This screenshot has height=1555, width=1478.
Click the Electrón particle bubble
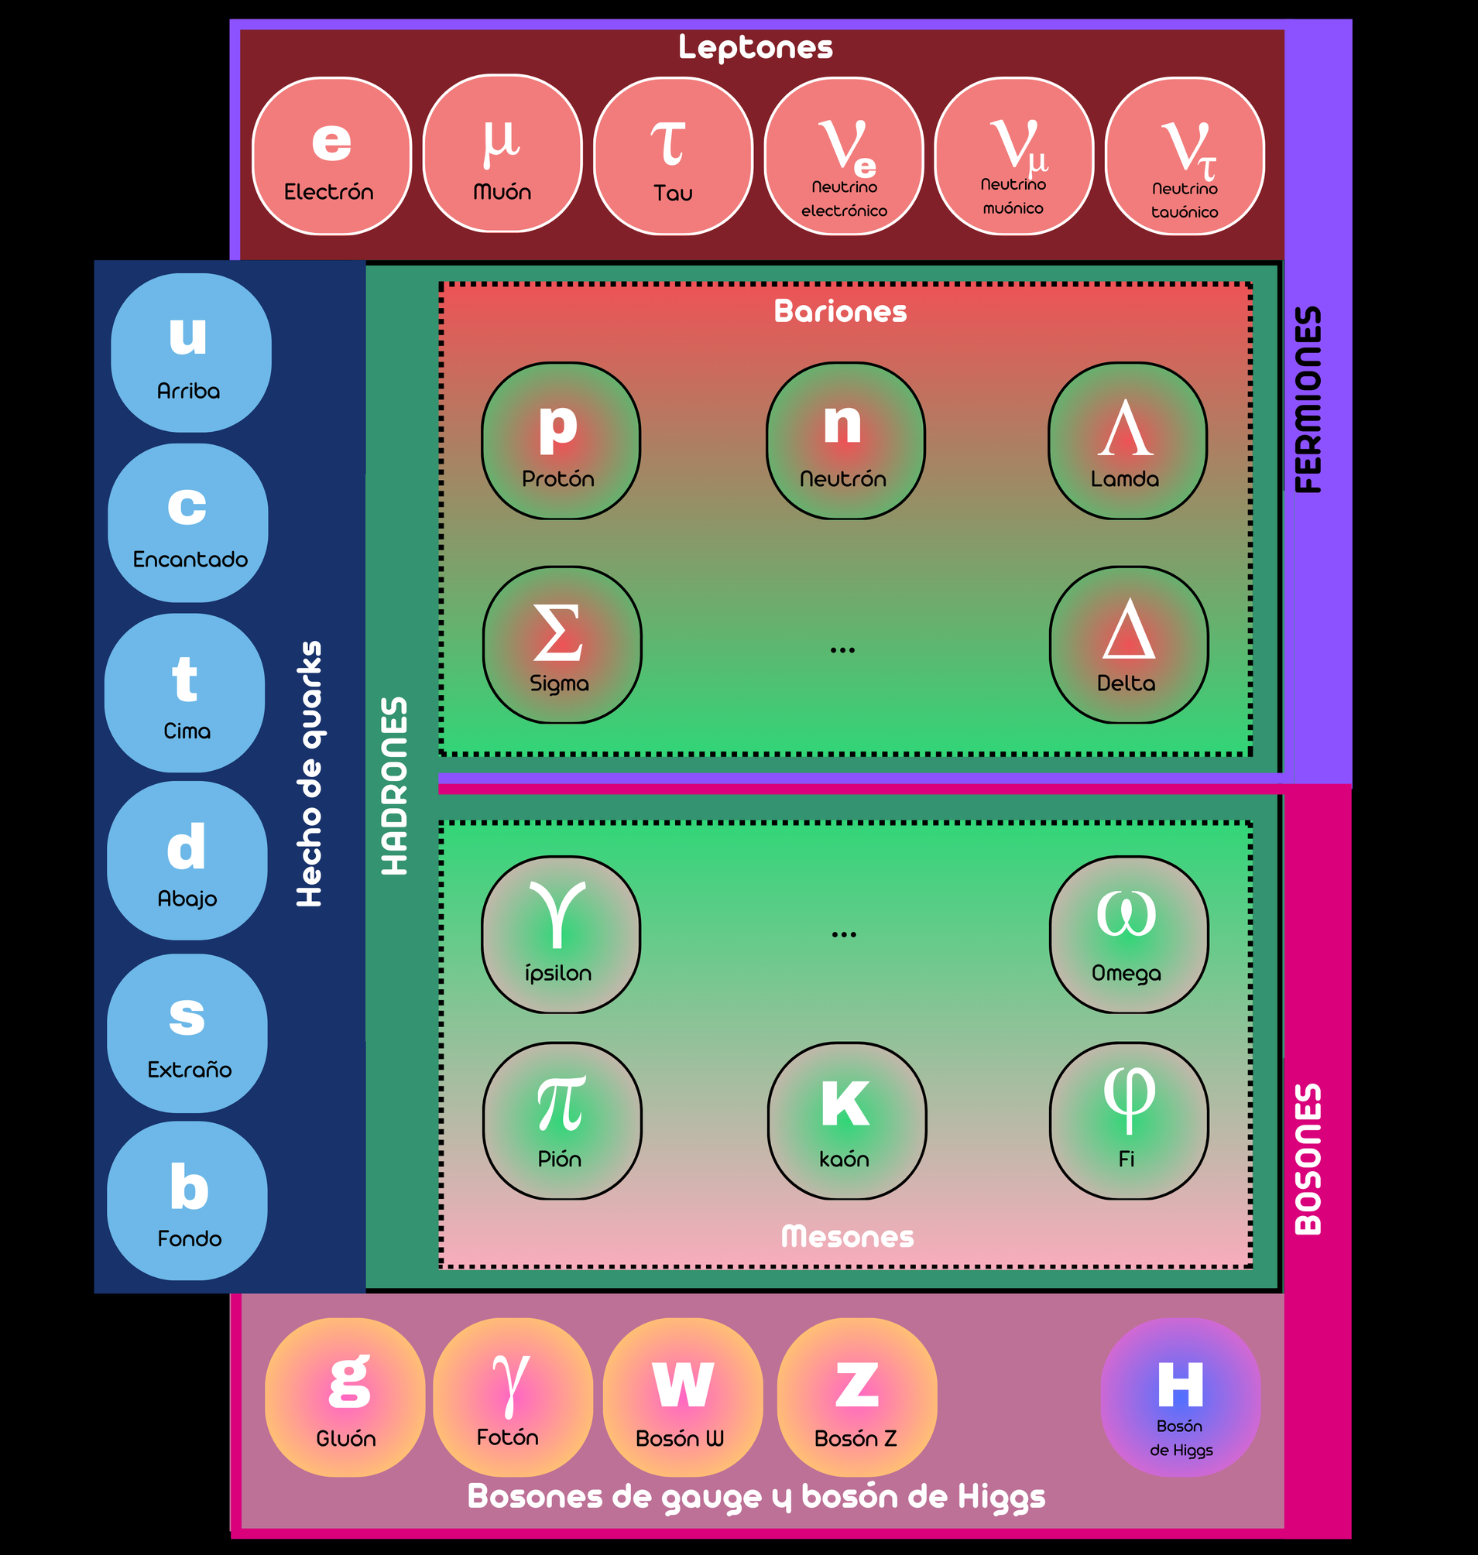pyautogui.click(x=331, y=156)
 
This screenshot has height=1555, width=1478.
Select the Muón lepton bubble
pyautogui.click(x=502, y=154)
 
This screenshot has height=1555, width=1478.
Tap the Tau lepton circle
pyautogui.click(x=673, y=156)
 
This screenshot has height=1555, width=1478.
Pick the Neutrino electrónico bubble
pyautogui.click(x=844, y=156)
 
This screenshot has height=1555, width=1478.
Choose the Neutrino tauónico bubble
pyautogui.click(x=1185, y=156)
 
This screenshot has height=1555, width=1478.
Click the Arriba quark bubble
pyautogui.click(x=190, y=352)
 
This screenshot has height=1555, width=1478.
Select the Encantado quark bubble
pyautogui.click(x=188, y=522)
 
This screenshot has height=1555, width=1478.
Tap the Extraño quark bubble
pyautogui.click(x=187, y=1033)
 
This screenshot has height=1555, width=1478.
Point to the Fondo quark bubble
pyautogui.click(x=187, y=1201)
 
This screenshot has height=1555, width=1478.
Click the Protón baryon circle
pyautogui.click(x=561, y=441)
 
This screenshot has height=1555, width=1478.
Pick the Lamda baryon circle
pyautogui.click(x=1127, y=441)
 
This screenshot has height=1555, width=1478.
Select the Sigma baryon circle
pyautogui.click(x=562, y=645)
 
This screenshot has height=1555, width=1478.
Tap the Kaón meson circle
pyautogui.click(x=847, y=1120)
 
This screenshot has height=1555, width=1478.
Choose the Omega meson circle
pyautogui.click(x=1128, y=934)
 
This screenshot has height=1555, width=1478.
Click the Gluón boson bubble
pyautogui.click(x=345, y=1397)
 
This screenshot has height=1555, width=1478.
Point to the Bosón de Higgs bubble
pyautogui.click(x=1180, y=1397)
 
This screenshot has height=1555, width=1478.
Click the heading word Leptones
pyautogui.click(x=756, y=47)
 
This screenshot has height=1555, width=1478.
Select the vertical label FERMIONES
pyautogui.click(x=1308, y=399)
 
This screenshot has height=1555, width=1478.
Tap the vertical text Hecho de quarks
pyautogui.click(x=309, y=773)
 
